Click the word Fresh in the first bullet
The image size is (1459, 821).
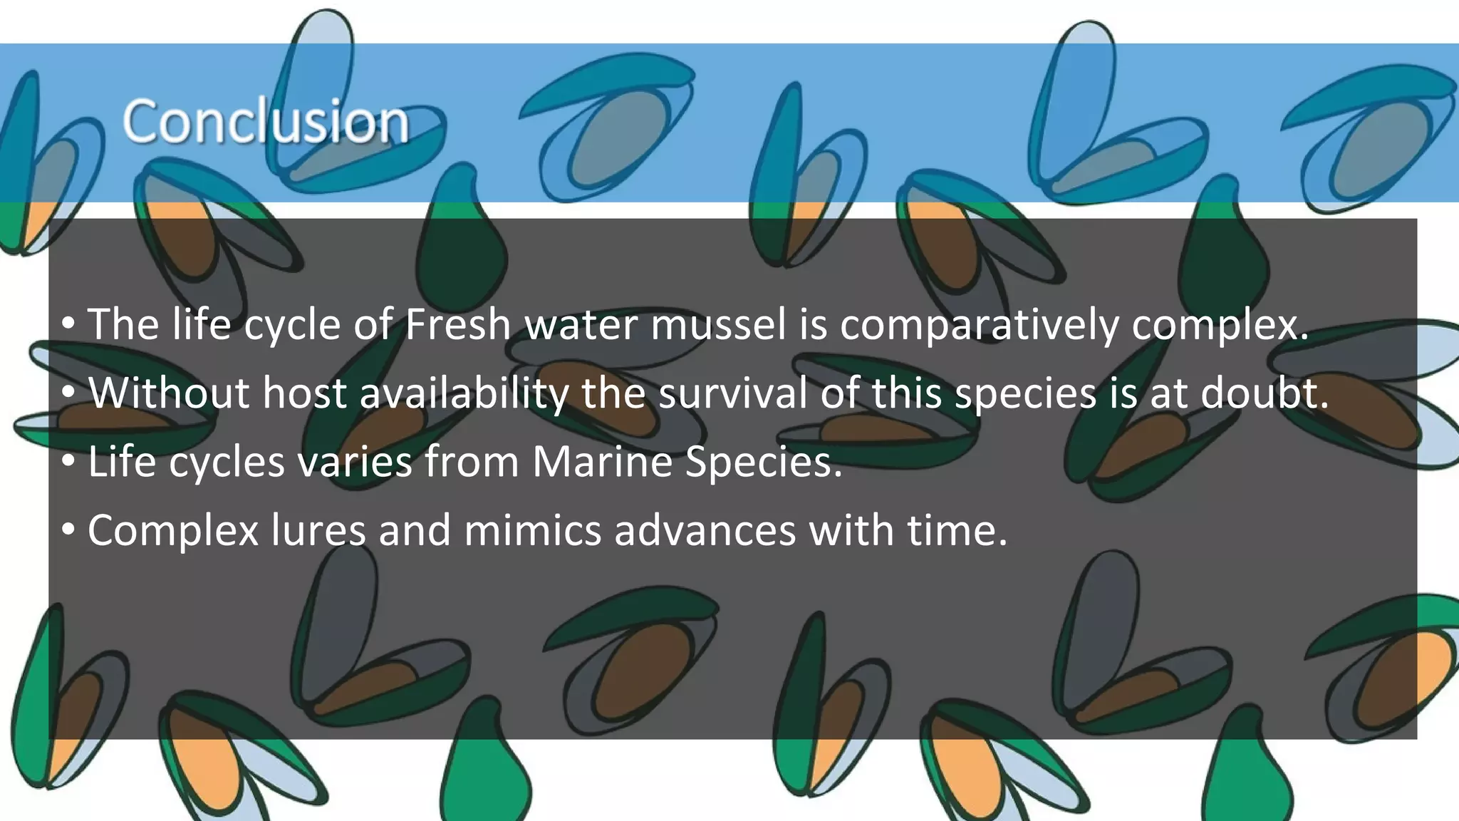pos(458,325)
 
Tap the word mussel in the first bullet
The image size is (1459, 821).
pos(719,325)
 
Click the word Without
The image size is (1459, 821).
pos(169,393)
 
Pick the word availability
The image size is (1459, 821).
pos(464,394)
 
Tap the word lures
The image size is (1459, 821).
pos(318,530)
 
